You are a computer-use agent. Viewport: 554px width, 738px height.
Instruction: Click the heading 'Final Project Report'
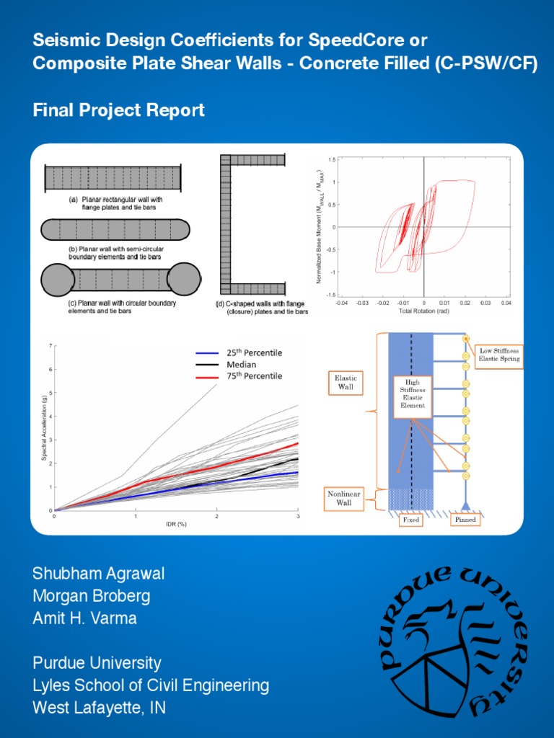coord(118,110)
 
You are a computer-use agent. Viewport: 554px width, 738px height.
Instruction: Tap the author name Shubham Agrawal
coord(98,574)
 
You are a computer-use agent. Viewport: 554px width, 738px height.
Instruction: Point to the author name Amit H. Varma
coord(84,618)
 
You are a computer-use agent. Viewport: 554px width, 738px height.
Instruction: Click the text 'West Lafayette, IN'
coord(99,708)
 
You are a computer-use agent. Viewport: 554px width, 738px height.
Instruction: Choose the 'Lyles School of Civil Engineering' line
coord(151,685)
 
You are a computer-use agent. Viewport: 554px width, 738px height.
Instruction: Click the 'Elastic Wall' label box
coord(346,382)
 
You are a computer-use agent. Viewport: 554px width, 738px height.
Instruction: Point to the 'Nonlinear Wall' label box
coord(344,497)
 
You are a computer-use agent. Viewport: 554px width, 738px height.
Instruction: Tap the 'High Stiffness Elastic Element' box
coord(413,396)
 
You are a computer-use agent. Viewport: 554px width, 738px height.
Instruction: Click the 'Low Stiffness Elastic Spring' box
coord(499,355)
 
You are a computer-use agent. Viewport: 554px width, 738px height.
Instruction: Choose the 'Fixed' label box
coord(410,520)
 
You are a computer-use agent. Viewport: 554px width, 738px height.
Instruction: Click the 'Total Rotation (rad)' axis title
coord(423,311)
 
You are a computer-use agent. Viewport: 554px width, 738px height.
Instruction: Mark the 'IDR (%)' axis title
coord(176,524)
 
